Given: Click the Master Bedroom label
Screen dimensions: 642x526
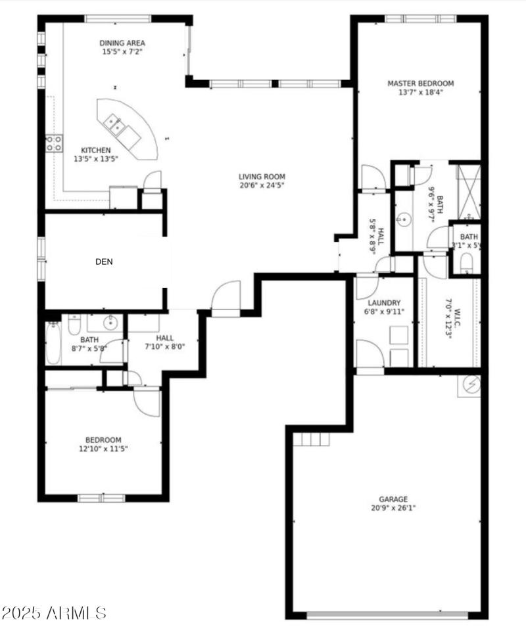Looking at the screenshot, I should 420,83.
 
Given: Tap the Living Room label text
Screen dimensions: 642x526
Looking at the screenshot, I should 262,176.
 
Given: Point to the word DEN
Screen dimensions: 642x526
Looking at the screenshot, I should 104,262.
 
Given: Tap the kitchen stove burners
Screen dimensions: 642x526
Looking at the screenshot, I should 53,143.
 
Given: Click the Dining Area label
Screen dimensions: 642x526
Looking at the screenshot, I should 122,43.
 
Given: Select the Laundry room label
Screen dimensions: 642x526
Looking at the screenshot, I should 384,303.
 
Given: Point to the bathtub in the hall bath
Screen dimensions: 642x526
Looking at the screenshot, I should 53,343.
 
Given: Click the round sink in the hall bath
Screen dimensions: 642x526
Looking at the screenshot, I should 110,323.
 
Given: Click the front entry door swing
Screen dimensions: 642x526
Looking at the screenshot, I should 226,296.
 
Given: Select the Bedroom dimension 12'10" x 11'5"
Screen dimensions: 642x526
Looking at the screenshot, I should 103,449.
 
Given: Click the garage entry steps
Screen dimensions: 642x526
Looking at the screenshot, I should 311,439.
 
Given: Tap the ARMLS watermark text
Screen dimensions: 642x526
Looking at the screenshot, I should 54,614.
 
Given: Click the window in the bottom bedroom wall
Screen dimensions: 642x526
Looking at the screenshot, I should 102,497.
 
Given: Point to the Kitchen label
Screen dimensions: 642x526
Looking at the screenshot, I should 95,150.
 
